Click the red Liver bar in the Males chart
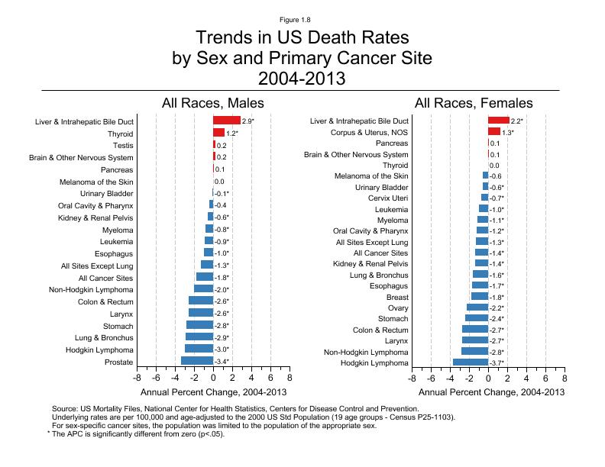click(227, 121)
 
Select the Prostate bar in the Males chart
click(197, 361)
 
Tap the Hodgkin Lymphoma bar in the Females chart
click(471, 362)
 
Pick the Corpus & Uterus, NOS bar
click(494, 132)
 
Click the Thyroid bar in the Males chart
click(218, 133)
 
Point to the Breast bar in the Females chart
click(480, 297)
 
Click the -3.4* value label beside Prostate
click(222, 362)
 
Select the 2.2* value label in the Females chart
click(517, 121)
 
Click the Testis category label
click(123, 145)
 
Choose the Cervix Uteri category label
click(390, 198)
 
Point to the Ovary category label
click(398, 308)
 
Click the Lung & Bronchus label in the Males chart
click(105, 337)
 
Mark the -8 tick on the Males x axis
click(137, 377)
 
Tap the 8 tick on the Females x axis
click(565, 377)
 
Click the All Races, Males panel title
click(212, 103)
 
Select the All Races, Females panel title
click(474, 103)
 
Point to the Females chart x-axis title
click(492, 392)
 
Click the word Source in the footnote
click(65, 409)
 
